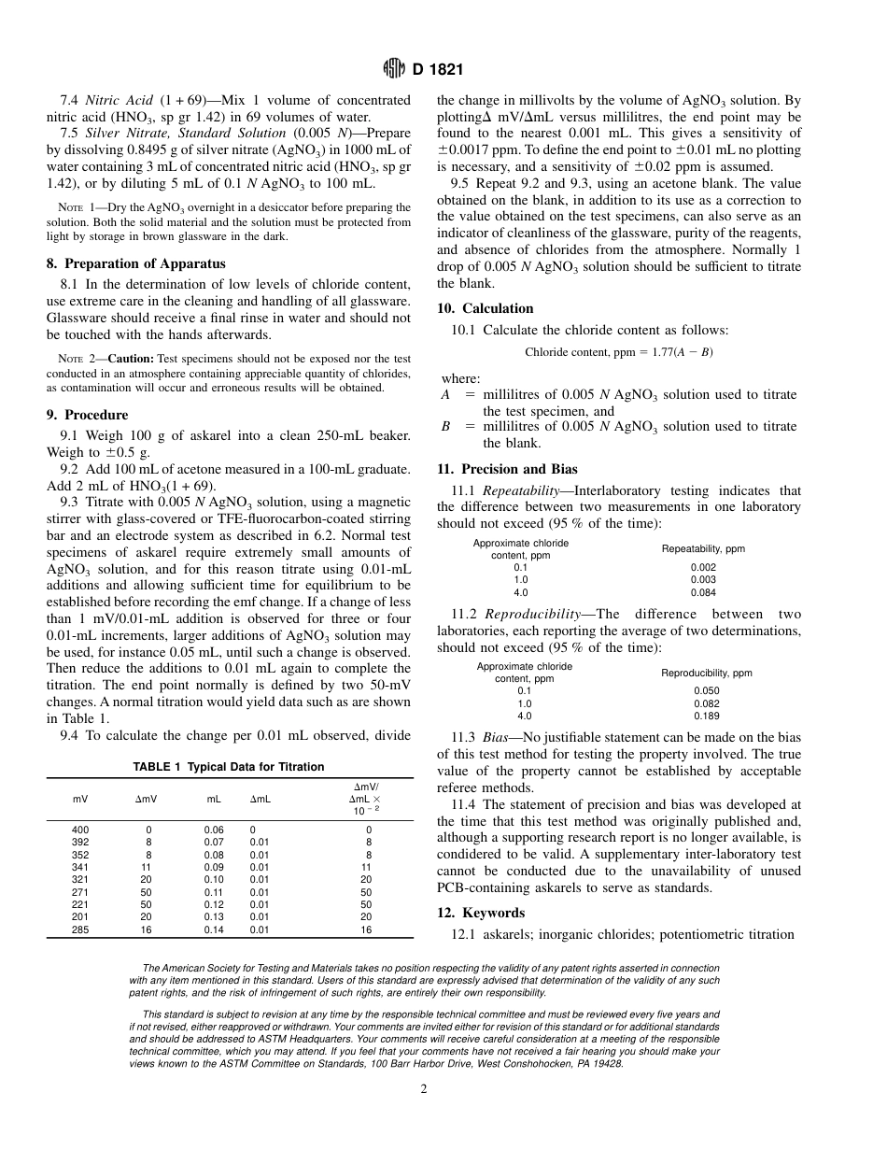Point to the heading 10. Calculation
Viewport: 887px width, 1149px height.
[x=485, y=308]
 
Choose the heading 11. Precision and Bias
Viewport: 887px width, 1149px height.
[x=507, y=469]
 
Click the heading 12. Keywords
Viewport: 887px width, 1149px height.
[x=481, y=913]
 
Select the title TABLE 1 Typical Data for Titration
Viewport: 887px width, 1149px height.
[x=229, y=767]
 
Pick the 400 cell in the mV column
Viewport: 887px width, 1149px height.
[x=80, y=830]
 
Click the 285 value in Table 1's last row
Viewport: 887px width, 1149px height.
[x=80, y=930]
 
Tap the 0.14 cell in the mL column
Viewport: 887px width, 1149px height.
[x=214, y=930]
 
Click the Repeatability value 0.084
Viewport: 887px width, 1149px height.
[x=703, y=592]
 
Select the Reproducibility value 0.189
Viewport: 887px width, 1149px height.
[x=706, y=716]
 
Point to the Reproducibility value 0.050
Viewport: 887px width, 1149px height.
[x=706, y=690]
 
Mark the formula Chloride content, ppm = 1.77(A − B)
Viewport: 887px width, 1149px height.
[x=618, y=352]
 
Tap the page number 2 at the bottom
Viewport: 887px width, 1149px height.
[x=423, y=1087]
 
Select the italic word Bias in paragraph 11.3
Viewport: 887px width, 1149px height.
[x=495, y=738]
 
